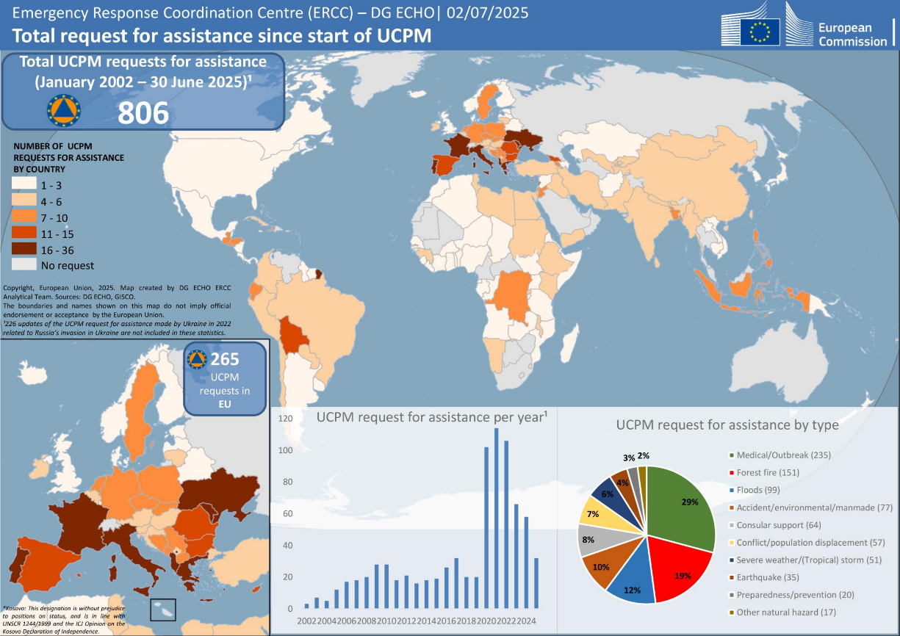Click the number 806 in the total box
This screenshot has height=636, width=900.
pyautogui.click(x=144, y=112)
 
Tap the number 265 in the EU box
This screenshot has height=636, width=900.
pyautogui.click(x=225, y=360)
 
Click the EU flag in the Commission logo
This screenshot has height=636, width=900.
pyautogui.click(x=760, y=32)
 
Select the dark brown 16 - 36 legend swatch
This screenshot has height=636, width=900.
pyautogui.click(x=24, y=249)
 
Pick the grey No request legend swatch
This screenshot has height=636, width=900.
pyautogui.click(x=24, y=265)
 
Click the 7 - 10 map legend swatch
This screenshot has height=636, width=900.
pyautogui.click(x=24, y=218)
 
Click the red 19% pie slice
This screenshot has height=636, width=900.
pyautogui.click(x=683, y=573)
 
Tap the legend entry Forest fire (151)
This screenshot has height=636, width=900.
pyautogui.click(x=768, y=472)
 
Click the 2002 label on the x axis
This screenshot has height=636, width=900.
pyautogui.click(x=306, y=621)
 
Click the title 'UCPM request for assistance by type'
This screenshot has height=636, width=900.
pyautogui.click(x=727, y=424)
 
